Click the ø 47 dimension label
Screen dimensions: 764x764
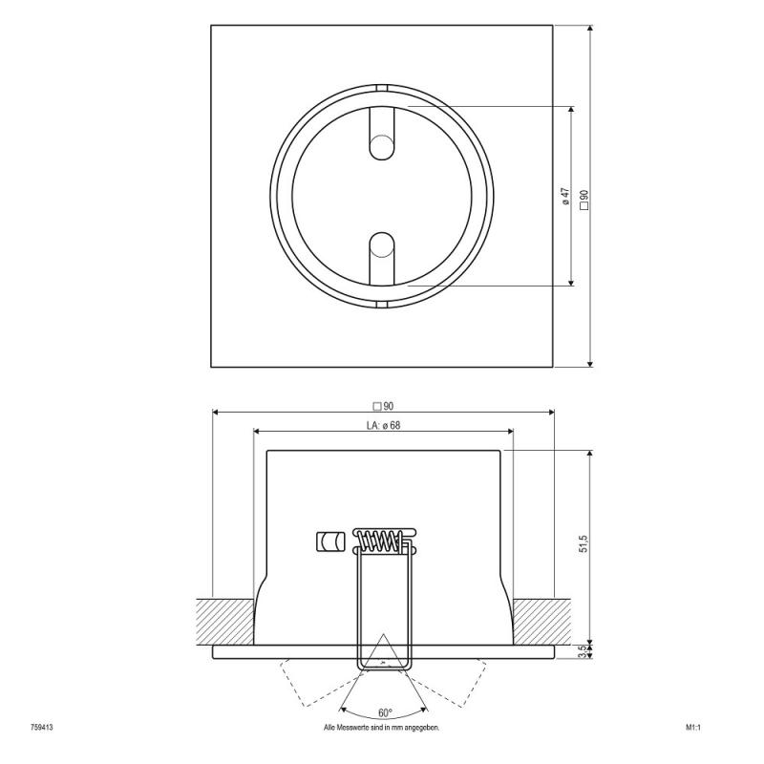[565, 197]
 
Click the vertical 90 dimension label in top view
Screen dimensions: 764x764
[584, 198]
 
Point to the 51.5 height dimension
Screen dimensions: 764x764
[583, 545]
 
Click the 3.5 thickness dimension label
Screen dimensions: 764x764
[584, 652]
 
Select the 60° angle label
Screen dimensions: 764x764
[384, 713]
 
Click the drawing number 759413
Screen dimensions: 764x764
[41, 728]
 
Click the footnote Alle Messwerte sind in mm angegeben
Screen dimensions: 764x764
[382, 728]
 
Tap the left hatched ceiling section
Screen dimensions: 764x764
[224, 621]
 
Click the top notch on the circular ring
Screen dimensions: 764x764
[382, 89]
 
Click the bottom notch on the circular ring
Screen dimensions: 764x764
[382, 305]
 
